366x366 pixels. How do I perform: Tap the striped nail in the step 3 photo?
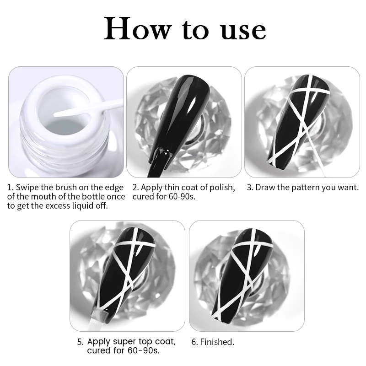click(299, 121)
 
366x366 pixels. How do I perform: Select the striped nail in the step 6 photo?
click(243, 275)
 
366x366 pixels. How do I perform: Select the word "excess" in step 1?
click(58, 206)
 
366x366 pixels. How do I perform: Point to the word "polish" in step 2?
click(222, 188)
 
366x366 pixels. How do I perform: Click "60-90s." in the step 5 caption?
click(144, 350)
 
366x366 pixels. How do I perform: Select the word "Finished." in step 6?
click(217, 342)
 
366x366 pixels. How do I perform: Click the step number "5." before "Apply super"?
click(81, 342)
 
